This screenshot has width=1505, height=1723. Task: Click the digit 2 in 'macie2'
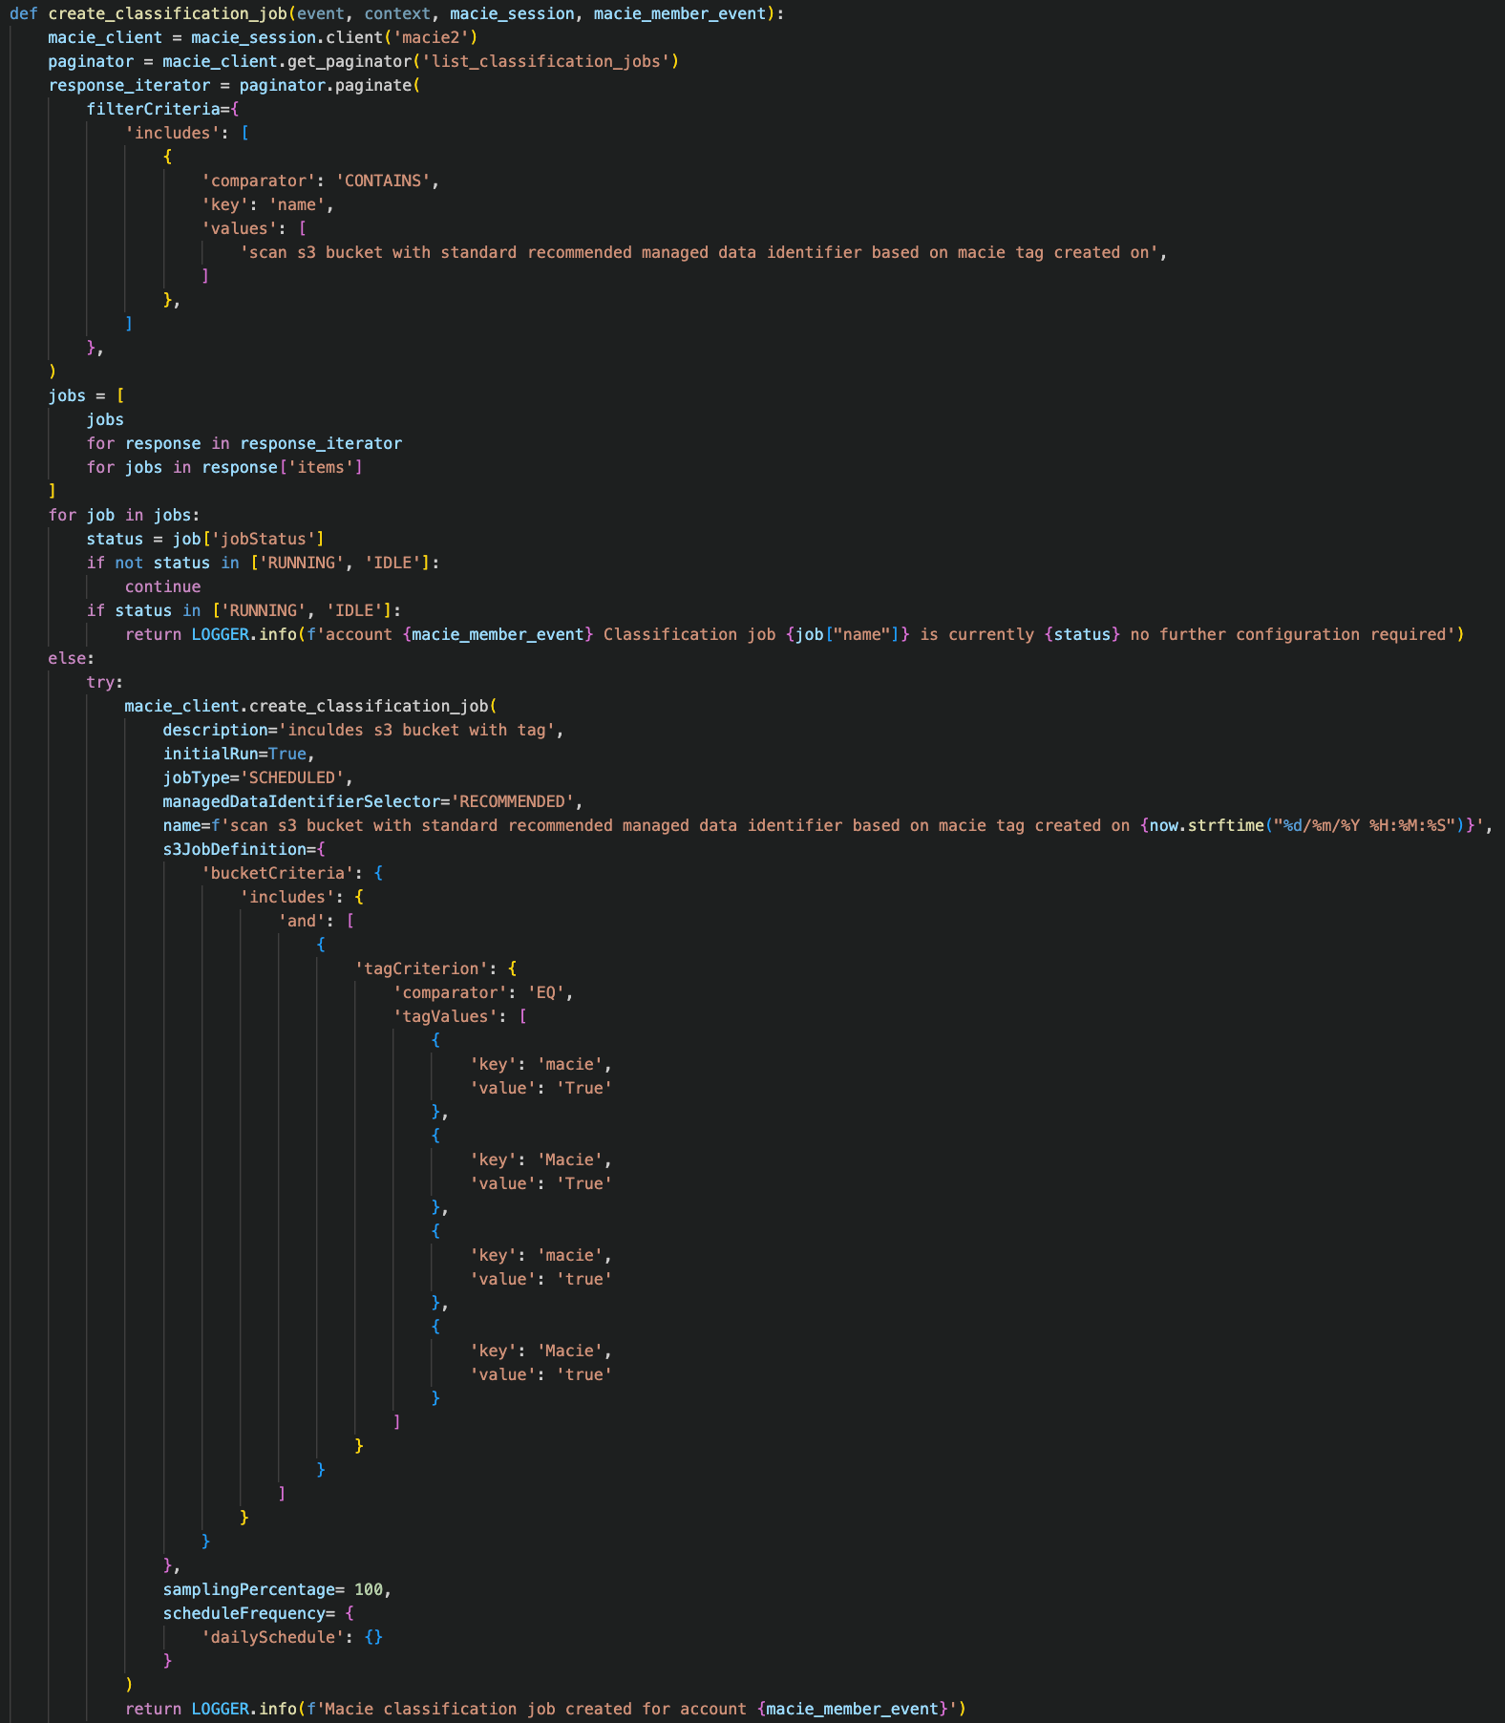click(x=464, y=37)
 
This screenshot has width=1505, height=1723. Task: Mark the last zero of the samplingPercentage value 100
click(x=378, y=1589)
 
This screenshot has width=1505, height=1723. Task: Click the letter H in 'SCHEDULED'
click(x=273, y=777)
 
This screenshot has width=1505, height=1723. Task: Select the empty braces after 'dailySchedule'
click(x=373, y=1637)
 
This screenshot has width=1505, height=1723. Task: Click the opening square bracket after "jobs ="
click(x=120, y=395)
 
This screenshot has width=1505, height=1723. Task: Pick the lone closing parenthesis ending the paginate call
click(x=53, y=372)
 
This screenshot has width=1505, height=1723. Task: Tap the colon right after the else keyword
click(x=91, y=658)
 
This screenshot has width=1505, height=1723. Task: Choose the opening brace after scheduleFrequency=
click(x=350, y=1613)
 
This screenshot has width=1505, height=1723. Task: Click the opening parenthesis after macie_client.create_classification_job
click(x=493, y=706)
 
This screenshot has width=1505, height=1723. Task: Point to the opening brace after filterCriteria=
click(x=235, y=109)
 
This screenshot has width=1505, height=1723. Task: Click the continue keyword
click(x=163, y=586)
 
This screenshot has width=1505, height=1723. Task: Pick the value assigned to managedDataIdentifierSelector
click(x=512, y=801)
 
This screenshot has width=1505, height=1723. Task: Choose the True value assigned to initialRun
click(x=287, y=754)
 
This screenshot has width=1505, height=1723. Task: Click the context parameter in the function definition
click(x=397, y=13)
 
